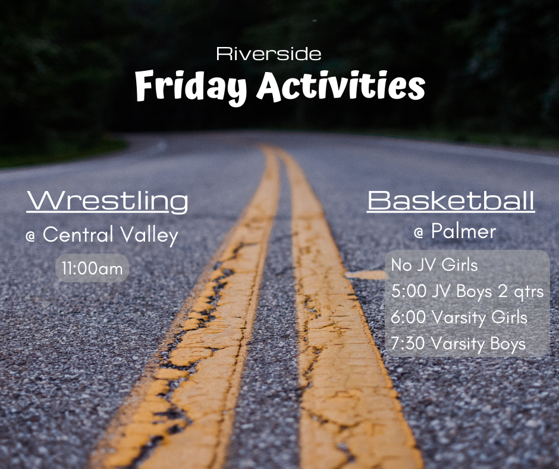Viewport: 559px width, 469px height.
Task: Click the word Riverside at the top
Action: click(x=268, y=54)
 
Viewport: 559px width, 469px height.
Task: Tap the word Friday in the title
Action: click(x=191, y=87)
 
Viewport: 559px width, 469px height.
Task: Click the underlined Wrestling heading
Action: click(x=107, y=202)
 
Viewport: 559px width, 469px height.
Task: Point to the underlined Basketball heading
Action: click(x=451, y=201)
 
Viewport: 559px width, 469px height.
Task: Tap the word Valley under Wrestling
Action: click(x=149, y=235)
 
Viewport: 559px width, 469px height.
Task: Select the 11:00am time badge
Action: click(x=92, y=268)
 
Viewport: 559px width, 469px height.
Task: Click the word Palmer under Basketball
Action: click(x=463, y=232)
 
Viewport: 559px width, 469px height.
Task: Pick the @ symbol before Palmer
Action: click(x=419, y=233)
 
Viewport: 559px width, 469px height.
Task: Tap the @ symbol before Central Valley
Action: click(x=30, y=236)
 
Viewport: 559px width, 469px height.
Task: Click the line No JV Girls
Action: click(x=434, y=265)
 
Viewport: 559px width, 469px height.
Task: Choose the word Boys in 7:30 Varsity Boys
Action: click(x=508, y=344)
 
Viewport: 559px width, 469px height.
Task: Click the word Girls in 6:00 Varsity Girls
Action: click(x=510, y=317)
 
